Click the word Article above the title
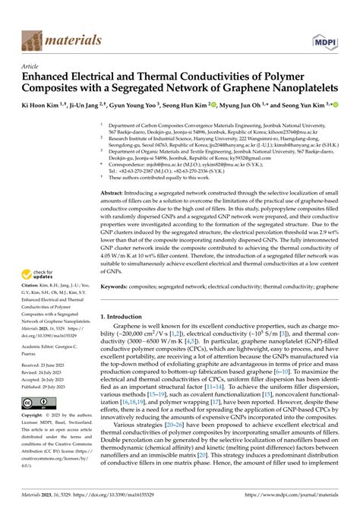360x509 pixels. pos(32,66)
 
